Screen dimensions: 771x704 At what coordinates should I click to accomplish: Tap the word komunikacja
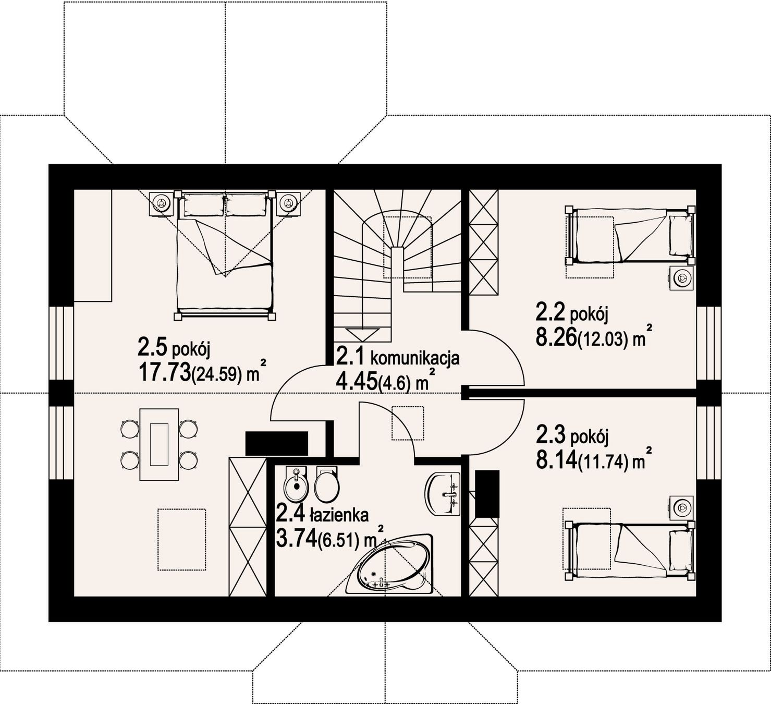[x=415, y=358]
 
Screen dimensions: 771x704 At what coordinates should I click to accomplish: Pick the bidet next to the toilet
[x=296, y=484]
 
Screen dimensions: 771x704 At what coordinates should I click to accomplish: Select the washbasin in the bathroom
[x=443, y=494]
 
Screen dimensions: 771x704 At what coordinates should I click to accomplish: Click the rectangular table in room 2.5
[x=159, y=444]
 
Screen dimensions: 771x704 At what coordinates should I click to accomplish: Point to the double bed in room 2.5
[x=225, y=255]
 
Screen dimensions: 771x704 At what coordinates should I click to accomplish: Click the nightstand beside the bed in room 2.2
[x=682, y=277]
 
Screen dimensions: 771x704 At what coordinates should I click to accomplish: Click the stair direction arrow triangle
[x=363, y=334]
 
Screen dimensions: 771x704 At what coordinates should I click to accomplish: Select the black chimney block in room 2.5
[x=277, y=444]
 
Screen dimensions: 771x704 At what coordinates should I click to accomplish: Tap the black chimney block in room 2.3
[x=487, y=494]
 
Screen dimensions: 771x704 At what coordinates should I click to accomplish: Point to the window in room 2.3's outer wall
[x=709, y=443]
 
